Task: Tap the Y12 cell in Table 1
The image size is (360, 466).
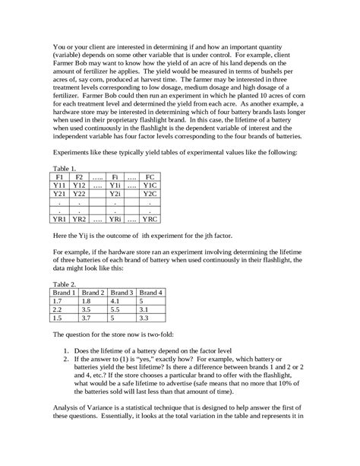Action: tap(79, 185)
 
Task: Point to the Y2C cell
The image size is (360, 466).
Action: tap(150, 194)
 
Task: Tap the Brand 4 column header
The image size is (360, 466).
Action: tap(152, 291)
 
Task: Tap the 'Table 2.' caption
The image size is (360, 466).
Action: tap(64, 283)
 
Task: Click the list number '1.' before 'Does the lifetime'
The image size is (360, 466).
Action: tap(67, 352)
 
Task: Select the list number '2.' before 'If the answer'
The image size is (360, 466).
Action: tap(67, 362)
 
